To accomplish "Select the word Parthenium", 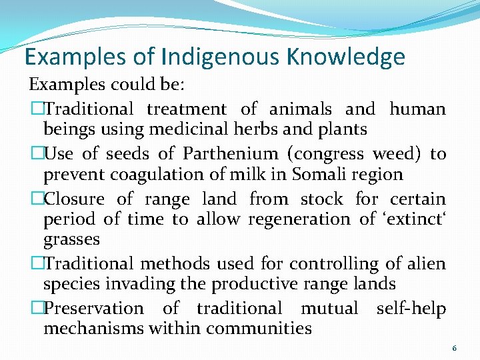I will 230,154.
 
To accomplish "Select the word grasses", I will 71,239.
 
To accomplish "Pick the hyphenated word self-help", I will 411,308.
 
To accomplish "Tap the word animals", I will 299,108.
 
